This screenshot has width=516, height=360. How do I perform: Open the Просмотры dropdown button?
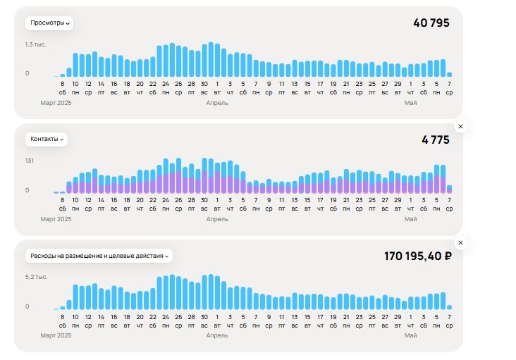tap(49, 23)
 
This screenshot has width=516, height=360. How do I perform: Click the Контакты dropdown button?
tap(47, 139)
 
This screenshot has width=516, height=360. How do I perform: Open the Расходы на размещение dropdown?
tap(99, 256)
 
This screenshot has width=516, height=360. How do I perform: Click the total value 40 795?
tap(431, 23)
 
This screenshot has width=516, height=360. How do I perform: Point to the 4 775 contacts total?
tap(436, 139)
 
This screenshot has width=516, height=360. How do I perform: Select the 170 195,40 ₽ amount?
tap(418, 256)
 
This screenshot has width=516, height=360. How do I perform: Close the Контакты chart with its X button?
tap(460, 126)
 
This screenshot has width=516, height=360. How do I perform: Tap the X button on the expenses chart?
tap(460, 242)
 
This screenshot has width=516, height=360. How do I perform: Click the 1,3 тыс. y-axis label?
tap(35, 44)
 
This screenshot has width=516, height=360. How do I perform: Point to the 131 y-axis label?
tap(30, 161)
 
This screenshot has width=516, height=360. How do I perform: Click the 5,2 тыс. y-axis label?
tap(36, 277)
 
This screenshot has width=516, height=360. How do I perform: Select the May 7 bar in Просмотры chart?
tap(449, 75)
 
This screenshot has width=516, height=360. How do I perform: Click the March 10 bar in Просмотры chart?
tap(75, 65)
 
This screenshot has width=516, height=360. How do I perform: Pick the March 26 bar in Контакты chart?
tap(178, 175)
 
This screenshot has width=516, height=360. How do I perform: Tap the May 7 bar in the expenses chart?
tap(449, 307)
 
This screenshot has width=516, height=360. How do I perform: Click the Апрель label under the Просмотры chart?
tap(217, 103)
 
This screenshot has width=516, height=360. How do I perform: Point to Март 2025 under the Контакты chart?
tap(56, 219)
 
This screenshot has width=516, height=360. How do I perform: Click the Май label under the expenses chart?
tap(410, 335)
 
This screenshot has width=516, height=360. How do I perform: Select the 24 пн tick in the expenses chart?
tap(166, 321)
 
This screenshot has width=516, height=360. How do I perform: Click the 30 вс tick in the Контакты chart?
tap(204, 204)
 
